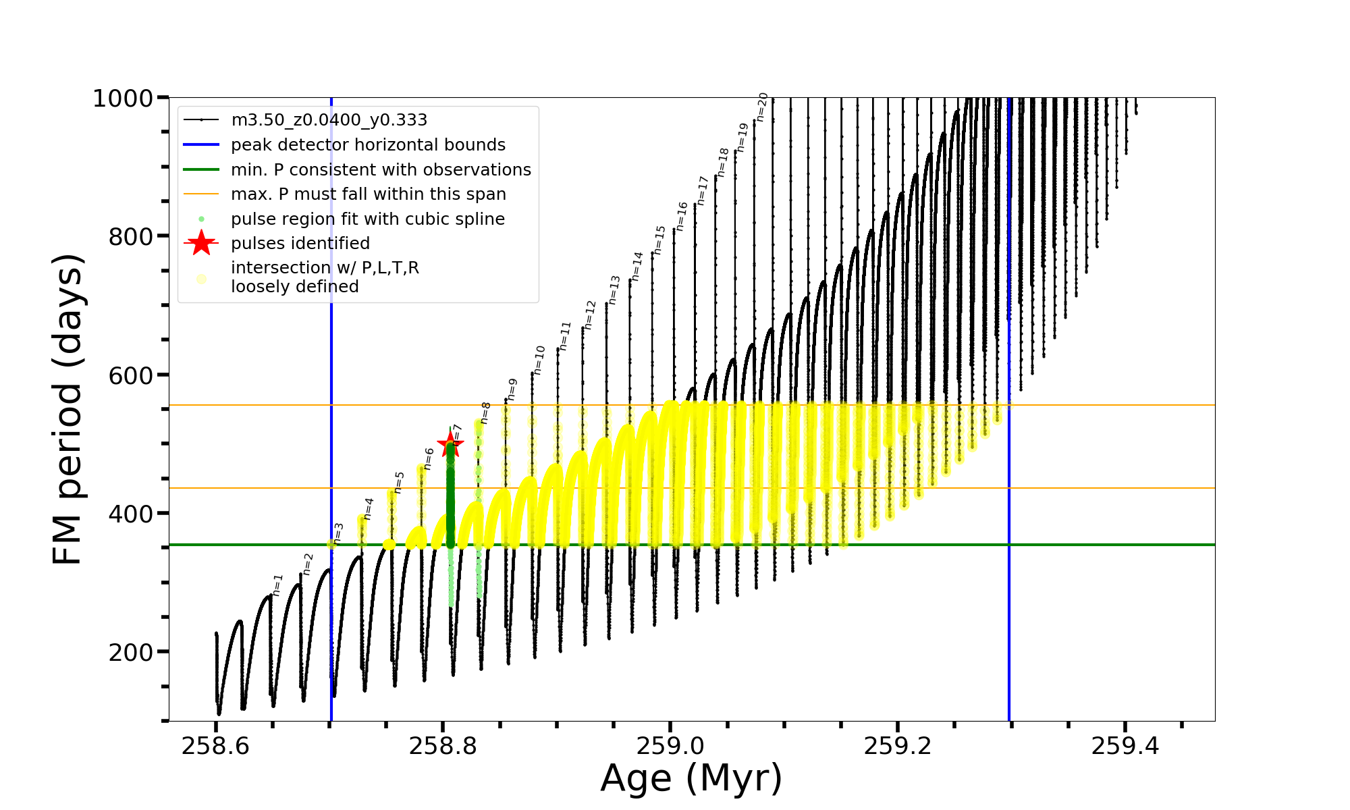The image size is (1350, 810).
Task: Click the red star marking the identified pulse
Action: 450,444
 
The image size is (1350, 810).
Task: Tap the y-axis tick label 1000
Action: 123,99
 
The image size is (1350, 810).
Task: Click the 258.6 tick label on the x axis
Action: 215,746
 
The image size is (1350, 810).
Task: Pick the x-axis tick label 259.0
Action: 670,746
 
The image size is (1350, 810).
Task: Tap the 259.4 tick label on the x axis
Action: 1125,746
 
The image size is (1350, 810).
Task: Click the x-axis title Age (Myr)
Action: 691,778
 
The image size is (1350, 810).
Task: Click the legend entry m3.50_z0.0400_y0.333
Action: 329,120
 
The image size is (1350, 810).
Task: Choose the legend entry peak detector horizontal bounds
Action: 368,145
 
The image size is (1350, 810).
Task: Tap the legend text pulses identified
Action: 300,244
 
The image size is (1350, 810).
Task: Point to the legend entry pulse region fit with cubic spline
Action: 368,219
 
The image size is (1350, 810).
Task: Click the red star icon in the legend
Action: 201,243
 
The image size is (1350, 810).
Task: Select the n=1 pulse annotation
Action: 277,585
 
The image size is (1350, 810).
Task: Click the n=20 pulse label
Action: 761,107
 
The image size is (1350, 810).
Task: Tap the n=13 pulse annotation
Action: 614,290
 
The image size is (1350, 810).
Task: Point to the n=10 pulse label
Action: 539,360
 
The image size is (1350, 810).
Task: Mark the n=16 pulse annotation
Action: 682,216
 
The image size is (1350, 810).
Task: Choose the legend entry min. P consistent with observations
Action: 381,170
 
